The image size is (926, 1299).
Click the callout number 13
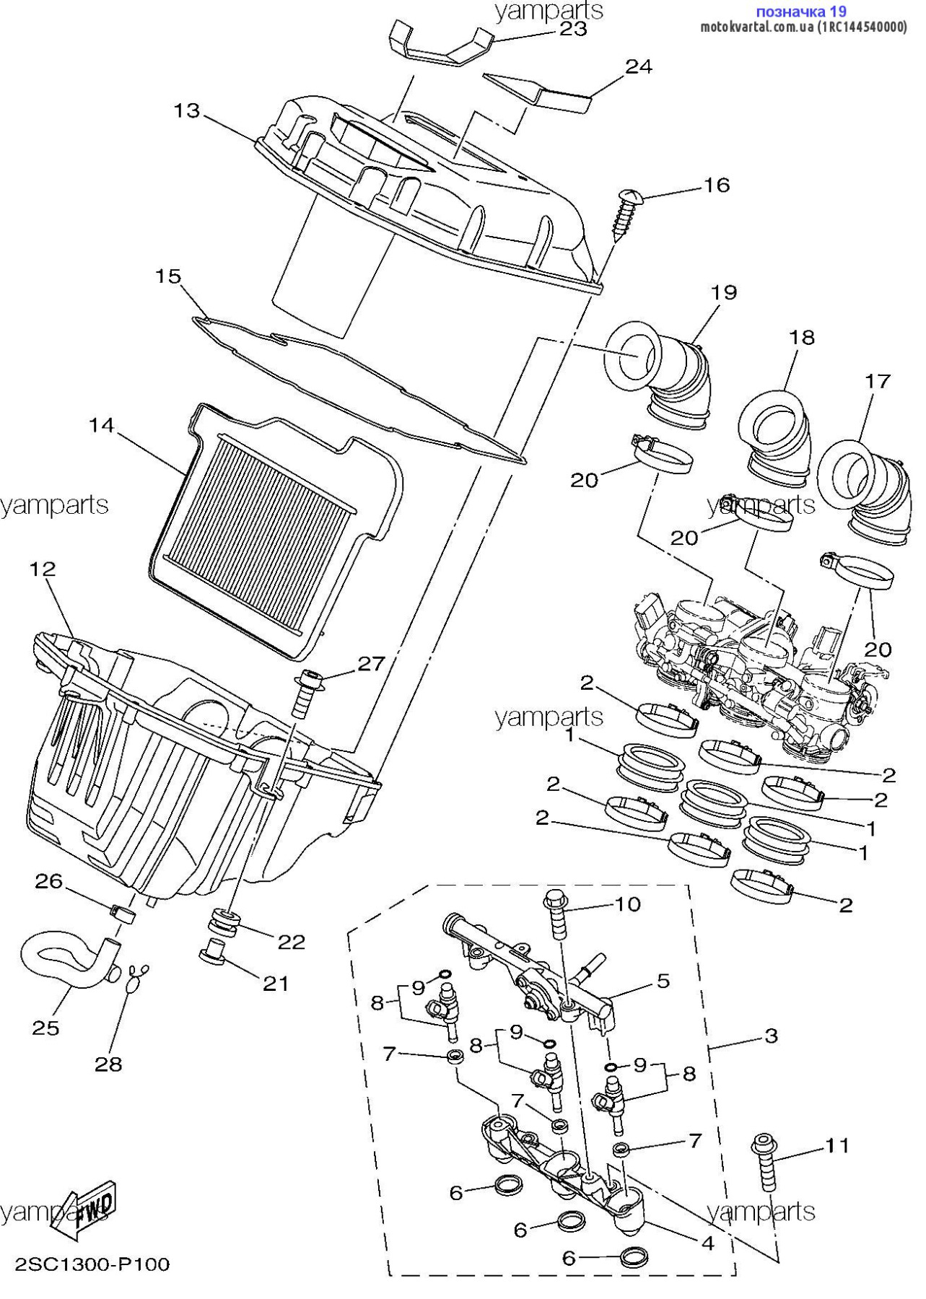[x=186, y=111]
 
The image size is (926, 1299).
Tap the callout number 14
[x=102, y=425]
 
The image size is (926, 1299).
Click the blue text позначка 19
[x=801, y=12]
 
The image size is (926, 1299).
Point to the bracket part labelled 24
[x=538, y=92]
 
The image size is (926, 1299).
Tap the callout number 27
[x=371, y=663]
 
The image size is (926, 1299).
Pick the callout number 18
[x=801, y=337]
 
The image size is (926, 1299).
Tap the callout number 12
[x=43, y=569]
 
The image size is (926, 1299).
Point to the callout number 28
[x=108, y=1063]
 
